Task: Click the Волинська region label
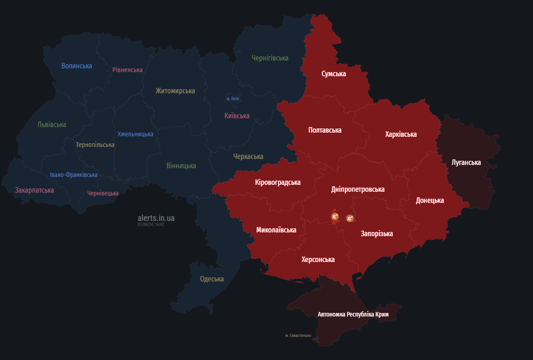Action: coord(76,66)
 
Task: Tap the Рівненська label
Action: coord(127,70)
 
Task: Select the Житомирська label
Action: coord(175,91)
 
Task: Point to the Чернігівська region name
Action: coord(270,58)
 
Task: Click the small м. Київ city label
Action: coord(233,98)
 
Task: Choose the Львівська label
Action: coord(52,125)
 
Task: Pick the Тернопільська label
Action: coord(95,145)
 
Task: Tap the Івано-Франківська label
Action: coord(74,175)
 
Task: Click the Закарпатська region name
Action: coord(34,190)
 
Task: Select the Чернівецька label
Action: coord(103,193)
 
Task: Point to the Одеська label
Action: coord(212,279)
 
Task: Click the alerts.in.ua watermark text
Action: coord(156,218)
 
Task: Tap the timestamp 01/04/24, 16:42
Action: coord(151,225)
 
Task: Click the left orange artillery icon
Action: coord(335,216)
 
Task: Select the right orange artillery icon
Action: coord(350,218)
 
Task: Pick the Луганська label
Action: coord(466,163)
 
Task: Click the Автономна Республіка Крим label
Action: coord(353,315)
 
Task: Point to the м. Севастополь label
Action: coord(298,336)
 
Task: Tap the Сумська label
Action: coord(333,74)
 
